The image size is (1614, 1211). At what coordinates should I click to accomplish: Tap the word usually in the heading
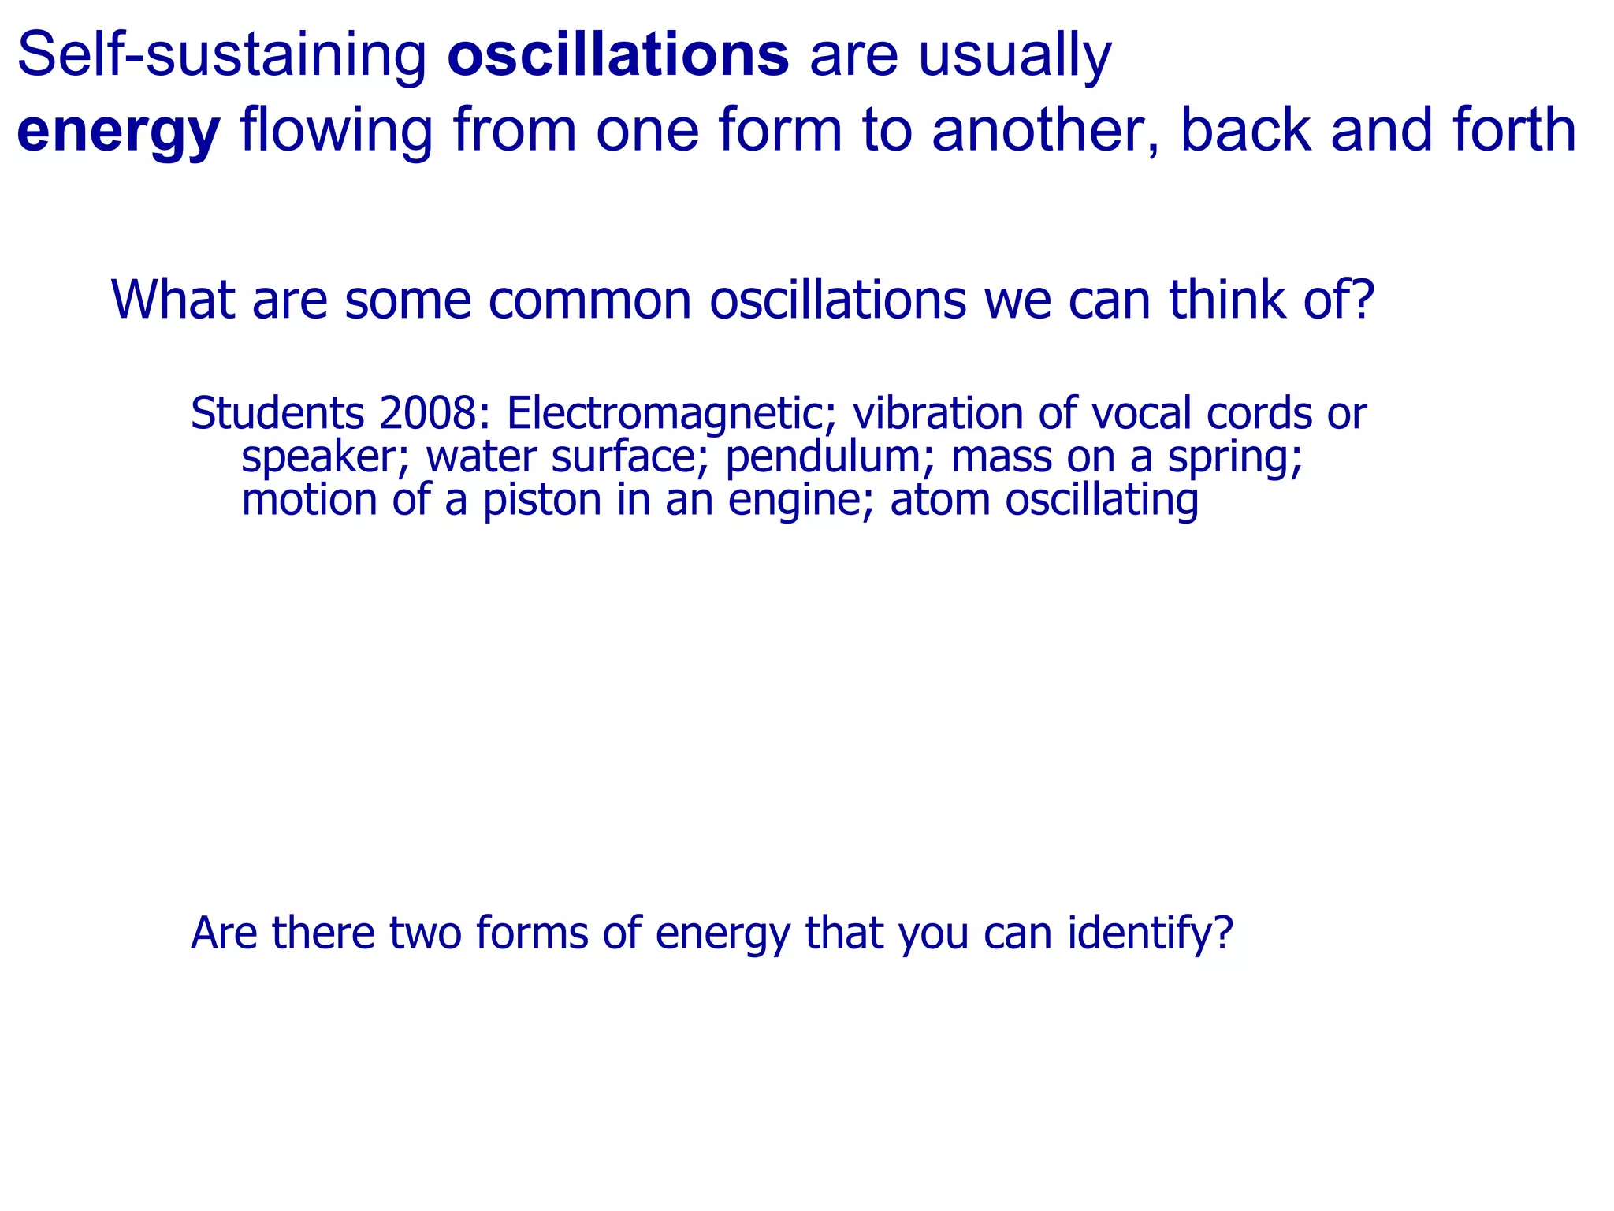(x=1015, y=57)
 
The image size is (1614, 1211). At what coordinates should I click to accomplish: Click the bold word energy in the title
(x=118, y=131)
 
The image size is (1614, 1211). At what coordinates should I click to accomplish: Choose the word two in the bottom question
(x=425, y=933)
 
